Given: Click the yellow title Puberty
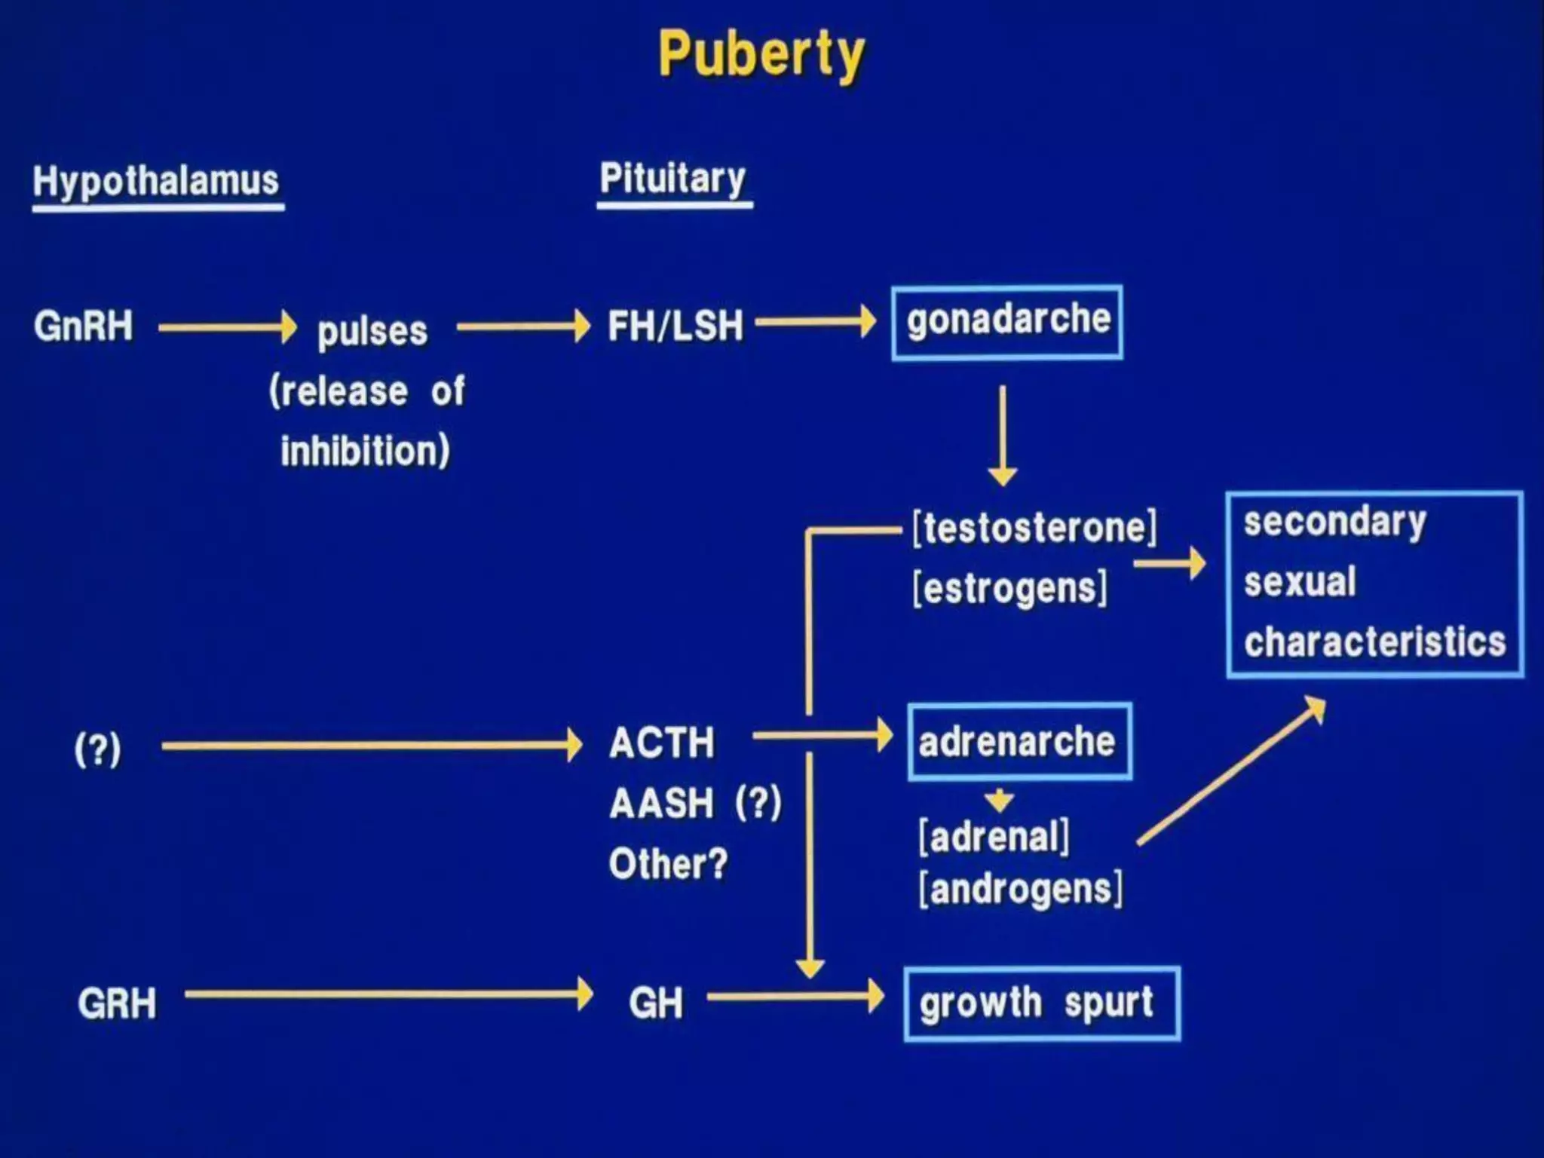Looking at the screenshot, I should point(761,54).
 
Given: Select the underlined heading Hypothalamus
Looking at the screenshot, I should point(156,181).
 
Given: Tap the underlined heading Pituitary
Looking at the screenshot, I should point(672,179).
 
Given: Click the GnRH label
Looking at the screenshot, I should point(84,326).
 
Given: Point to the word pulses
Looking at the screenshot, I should point(372,331).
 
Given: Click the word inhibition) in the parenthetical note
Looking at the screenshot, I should point(366,452).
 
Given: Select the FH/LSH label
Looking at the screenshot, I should point(675,326).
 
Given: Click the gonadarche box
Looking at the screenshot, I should point(1007,322).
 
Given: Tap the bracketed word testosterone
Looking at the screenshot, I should point(1034,527).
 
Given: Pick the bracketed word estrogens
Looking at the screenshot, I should point(1010,588).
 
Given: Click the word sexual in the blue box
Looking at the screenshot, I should point(1300,582).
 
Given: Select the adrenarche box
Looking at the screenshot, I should point(1019,742).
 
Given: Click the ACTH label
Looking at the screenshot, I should point(662,743).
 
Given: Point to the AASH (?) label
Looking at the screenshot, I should point(695,802).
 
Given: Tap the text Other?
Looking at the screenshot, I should point(668,863).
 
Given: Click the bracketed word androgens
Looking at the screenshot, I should point(1021,890).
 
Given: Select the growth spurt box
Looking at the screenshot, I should point(1042,1003).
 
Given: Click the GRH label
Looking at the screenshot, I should point(118,1003).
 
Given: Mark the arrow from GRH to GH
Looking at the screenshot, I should point(388,994).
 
